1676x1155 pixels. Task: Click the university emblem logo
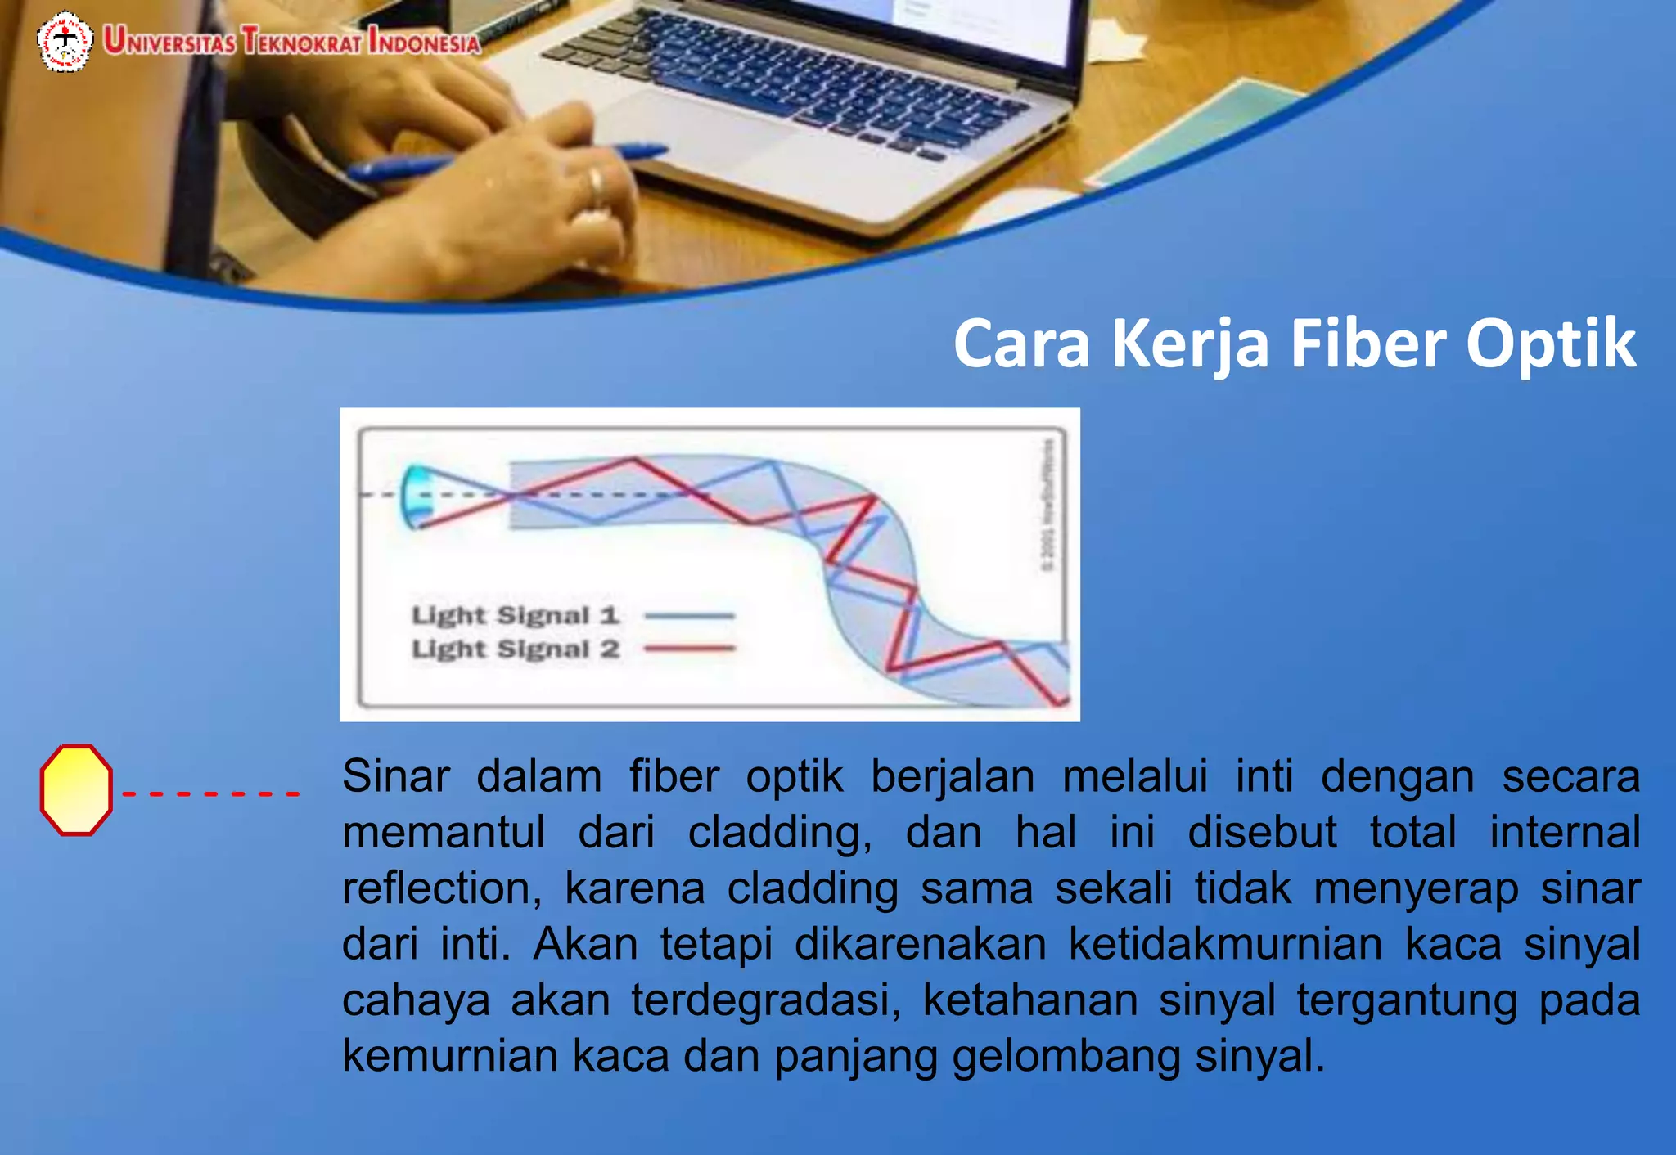click(x=65, y=41)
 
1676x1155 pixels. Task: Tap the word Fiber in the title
click(x=1370, y=344)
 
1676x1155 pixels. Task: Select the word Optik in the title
click(x=1550, y=344)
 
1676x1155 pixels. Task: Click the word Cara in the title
click(x=1021, y=344)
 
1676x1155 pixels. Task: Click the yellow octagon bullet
click(x=76, y=789)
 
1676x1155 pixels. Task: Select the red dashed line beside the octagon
click(x=210, y=793)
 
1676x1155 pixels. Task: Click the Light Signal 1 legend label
click(x=515, y=615)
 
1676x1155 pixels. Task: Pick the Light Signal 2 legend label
click(x=515, y=649)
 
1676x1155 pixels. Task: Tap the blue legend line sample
click(x=689, y=615)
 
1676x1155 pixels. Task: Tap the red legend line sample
click(x=689, y=649)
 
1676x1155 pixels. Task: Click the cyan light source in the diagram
click(x=417, y=496)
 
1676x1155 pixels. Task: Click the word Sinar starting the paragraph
click(x=396, y=776)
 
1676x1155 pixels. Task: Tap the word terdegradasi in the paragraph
click(x=766, y=1000)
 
